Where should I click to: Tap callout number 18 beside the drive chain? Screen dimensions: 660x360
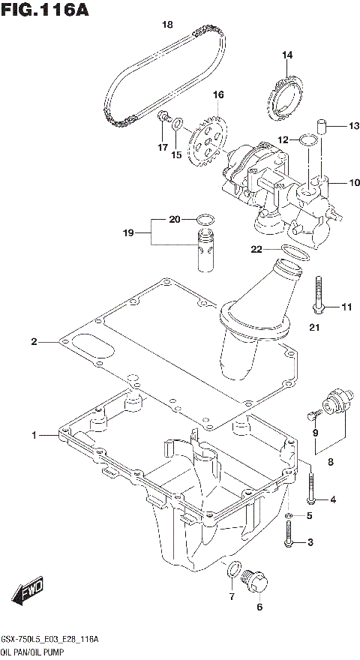point(169,25)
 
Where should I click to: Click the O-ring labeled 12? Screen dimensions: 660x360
point(306,139)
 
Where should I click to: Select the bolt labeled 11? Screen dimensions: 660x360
point(319,295)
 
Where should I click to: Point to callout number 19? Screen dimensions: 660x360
point(127,233)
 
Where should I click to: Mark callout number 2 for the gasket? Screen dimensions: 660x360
point(34,342)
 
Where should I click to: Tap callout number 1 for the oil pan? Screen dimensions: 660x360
point(34,435)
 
